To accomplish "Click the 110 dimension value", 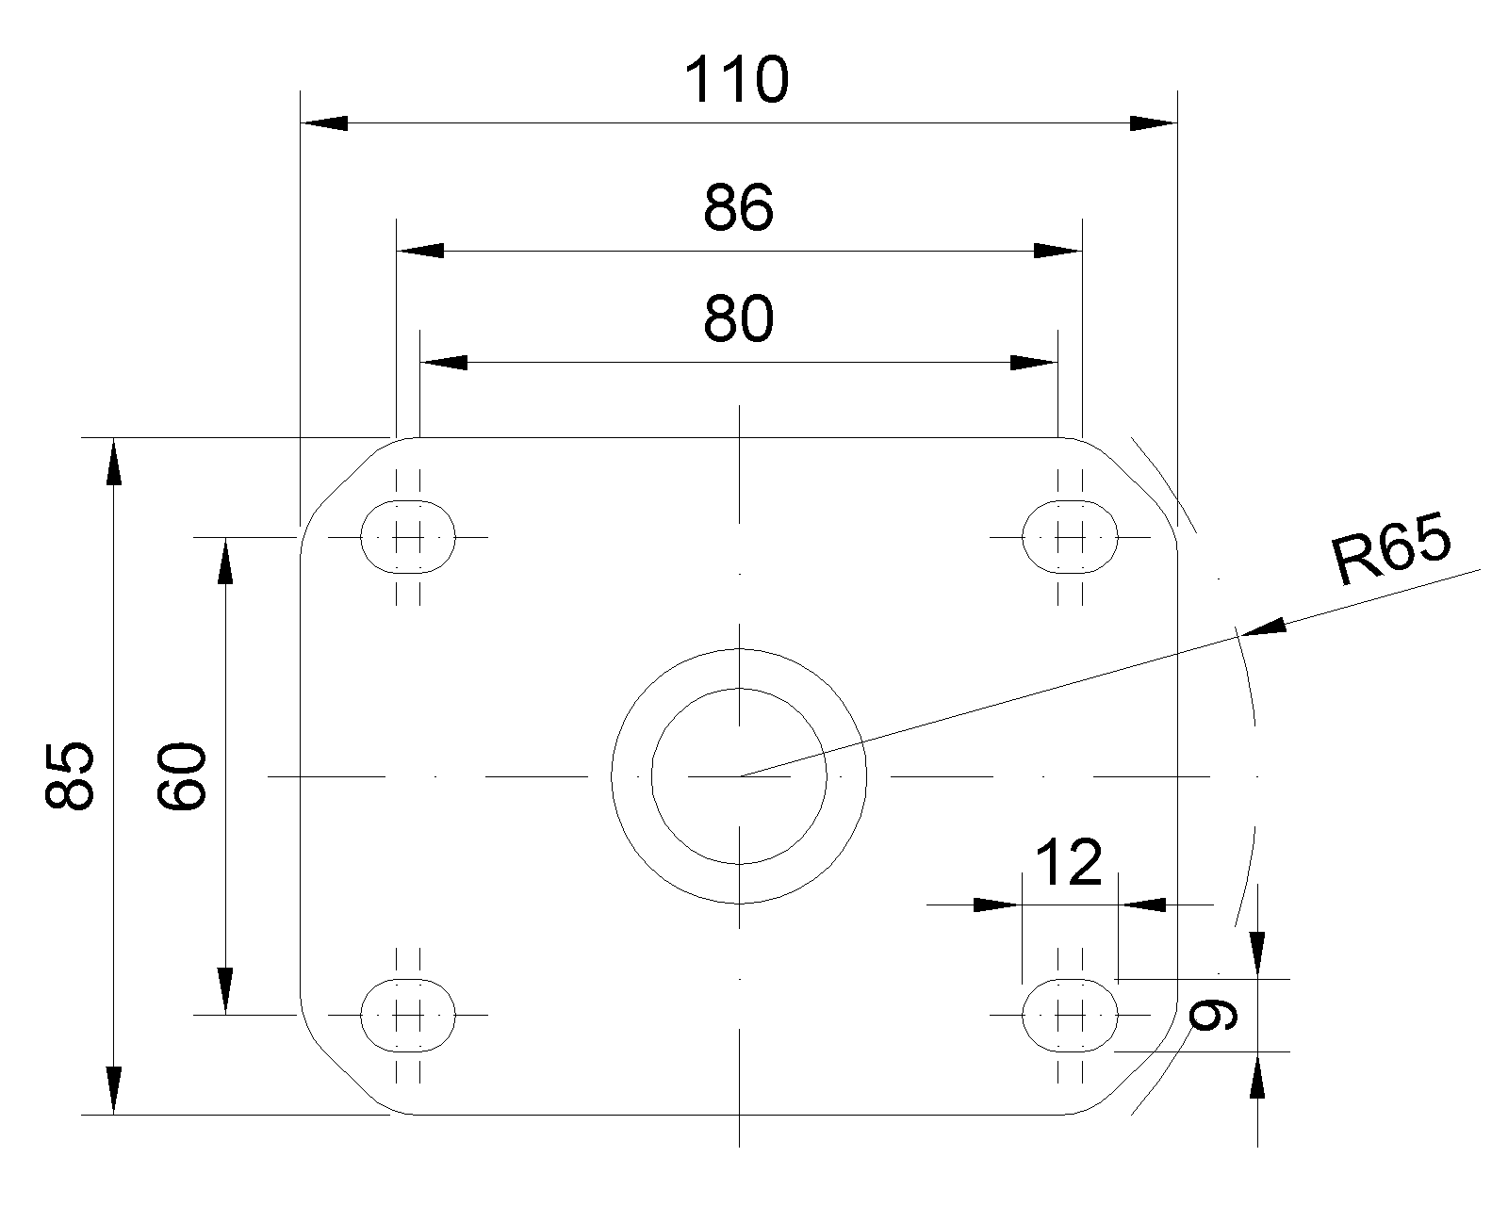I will point(736,81).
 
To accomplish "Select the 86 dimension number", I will point(738,208).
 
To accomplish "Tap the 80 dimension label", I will point(738,320).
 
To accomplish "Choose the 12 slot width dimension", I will point(1069,862).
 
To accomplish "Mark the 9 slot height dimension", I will point(1211,1015).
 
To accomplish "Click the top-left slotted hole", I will point(408,537).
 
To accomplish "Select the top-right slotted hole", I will point(1070,537).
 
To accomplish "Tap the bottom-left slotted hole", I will point(408,1015).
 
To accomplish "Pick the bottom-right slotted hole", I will point(1070,1015).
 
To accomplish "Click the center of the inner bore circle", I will point(739,776).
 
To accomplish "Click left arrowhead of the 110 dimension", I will point(323,122).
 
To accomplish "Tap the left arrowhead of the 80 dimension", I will point(444,363).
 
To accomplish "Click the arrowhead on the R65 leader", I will point(1264,628).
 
